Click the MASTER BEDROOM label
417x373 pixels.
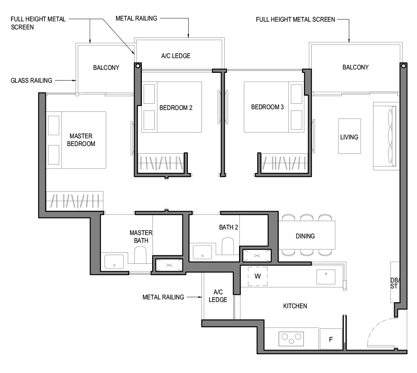pos(81,140)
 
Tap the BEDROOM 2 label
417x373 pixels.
pos(176,108)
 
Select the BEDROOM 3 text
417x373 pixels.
pos(267,107)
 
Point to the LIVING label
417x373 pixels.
pos(349,137)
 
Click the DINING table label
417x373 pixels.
pos(305,236)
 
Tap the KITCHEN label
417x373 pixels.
pos(295,306)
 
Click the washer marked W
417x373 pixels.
pos(257,276)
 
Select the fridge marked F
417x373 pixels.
pos(331,339)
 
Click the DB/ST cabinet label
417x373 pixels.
pos(395,283)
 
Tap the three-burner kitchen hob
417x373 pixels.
pos(291,339)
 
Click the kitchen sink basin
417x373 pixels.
pos(326,277)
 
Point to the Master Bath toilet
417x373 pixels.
pos(140,255)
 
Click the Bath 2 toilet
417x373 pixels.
pos(228,246)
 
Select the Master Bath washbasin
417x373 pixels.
pos(114,262)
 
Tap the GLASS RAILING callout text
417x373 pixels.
pos(31,81)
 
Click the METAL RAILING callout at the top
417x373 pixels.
pos(136,18)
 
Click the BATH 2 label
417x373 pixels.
pos(228,227)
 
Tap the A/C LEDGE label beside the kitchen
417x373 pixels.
pos(218,296)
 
